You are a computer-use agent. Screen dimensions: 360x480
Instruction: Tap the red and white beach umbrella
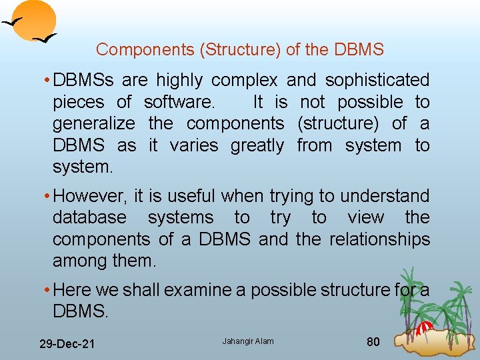click(424, 327)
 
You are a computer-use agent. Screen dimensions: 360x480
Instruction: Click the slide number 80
click(373, 342)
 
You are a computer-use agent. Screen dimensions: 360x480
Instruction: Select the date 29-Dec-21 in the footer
click(67, 344)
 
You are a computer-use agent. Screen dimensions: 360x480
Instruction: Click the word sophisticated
click(377, 81)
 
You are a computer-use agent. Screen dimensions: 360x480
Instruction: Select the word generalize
click(94, 124)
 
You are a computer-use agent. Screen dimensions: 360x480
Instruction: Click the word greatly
click(257, 145)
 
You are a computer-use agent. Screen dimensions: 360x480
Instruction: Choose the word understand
click(383, 196)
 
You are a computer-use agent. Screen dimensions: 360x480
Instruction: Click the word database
click(89, 218)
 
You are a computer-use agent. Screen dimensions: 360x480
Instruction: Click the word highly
click(179, 81)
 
